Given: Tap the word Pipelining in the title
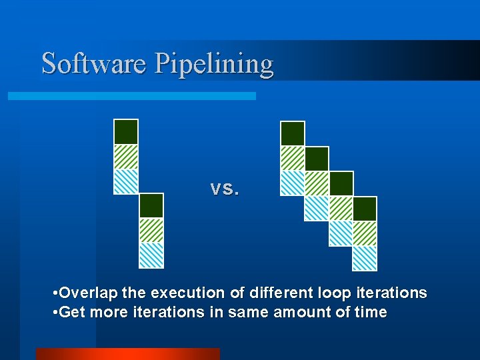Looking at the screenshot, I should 214,65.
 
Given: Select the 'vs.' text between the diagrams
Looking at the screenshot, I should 224,189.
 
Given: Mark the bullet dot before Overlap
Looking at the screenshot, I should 55,293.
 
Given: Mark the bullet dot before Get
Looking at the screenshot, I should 55,313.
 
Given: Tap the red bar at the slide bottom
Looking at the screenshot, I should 127,353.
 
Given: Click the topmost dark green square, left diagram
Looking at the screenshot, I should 126,131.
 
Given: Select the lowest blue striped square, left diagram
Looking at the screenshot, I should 151,255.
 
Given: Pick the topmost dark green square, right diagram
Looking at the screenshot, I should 293,133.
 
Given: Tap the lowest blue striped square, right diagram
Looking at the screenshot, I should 365,259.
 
